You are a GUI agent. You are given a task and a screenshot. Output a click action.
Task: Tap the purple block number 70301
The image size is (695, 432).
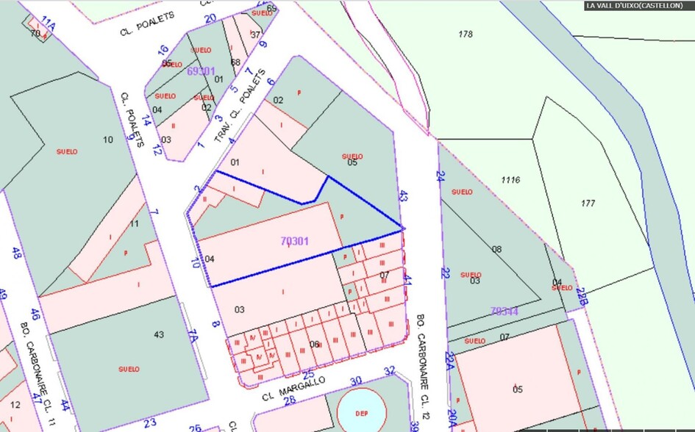pos(295,240)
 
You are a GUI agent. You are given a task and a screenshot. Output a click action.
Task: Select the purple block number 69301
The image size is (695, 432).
pos(201,71)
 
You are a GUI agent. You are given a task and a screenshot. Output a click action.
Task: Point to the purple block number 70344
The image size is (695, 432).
pos(505,312)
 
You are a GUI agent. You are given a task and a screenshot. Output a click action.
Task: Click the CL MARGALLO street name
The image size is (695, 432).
pos(293,386)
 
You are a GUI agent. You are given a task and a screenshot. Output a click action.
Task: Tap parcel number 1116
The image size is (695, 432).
pos(510,180)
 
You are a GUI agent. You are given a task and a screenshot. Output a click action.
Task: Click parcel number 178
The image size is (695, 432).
pos(465,34)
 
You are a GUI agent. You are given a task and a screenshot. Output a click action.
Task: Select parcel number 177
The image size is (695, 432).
pos(587,204)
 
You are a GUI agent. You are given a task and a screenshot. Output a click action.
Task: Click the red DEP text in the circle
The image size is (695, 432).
pos(361,413)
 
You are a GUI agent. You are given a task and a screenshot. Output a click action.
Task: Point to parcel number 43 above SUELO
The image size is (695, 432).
pos(159,335)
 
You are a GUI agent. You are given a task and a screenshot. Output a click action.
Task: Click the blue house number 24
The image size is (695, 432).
pos(441,176)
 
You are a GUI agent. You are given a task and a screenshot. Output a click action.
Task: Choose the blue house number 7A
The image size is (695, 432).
pos(192,336)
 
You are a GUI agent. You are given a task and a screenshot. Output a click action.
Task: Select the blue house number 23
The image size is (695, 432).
pos(150,422)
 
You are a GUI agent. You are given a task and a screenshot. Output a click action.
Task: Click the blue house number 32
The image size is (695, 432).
pos(390,370)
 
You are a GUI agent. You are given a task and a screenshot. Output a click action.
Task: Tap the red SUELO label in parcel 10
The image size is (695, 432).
pos(67,151)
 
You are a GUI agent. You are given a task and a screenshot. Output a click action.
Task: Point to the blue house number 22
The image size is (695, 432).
pos(446,273)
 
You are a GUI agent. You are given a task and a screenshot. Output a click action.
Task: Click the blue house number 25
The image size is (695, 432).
pos(309,375)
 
